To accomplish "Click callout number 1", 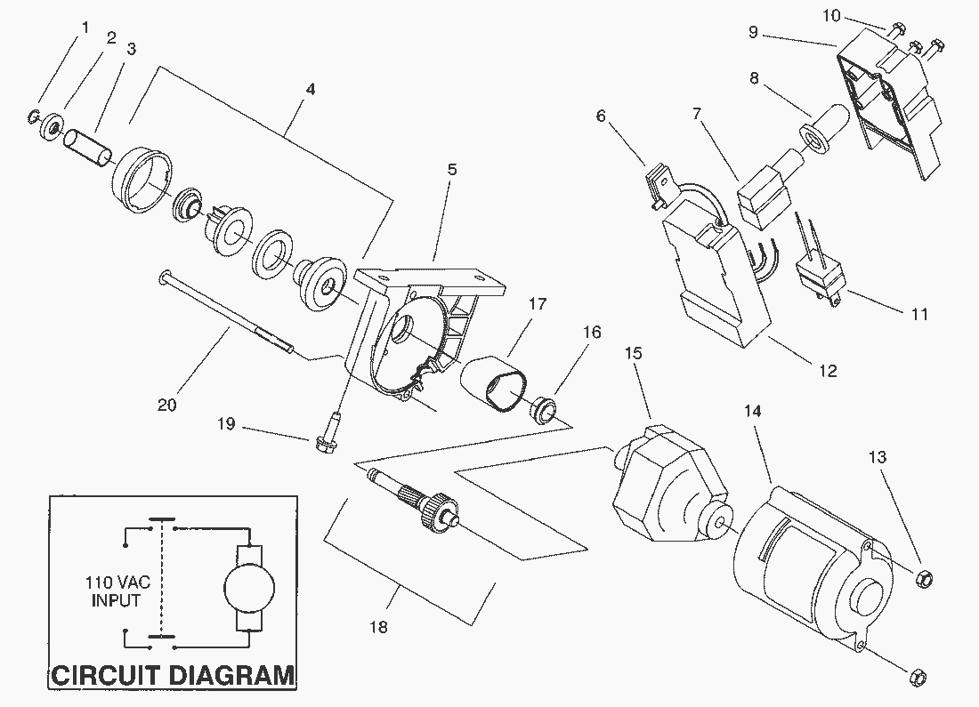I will [85, 28].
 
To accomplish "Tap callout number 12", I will [828, 372].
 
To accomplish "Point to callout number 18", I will [378, 627].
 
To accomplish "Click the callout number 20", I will [166, 406].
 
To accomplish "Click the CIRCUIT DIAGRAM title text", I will [173, 674].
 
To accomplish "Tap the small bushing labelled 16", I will [543, 408].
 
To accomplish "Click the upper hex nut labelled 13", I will [924, 579].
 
